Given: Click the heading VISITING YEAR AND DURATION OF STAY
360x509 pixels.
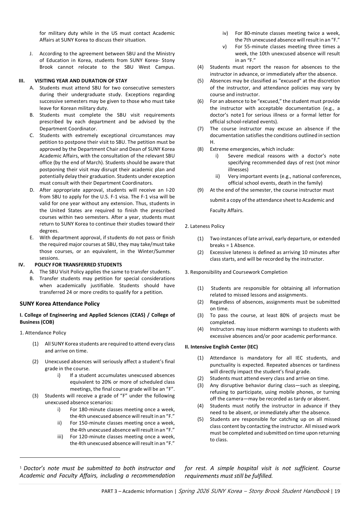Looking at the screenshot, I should (x=81, y=81).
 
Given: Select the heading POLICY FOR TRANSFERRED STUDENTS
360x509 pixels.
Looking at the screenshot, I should (x=78, y=265).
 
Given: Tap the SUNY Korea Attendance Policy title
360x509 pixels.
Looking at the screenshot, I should (x=60, y=304).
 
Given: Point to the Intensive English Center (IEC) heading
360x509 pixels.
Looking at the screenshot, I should (x=221, y=347).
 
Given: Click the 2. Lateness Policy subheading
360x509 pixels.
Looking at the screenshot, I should (x=205, y=226).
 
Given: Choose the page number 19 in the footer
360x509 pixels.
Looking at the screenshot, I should (x=337, y=491).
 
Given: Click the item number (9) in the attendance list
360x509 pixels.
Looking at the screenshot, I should (x=200, y=190).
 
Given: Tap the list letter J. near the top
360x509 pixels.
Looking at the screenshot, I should (x=31, y=54).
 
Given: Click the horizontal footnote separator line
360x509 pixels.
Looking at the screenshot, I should (x=70, y=457).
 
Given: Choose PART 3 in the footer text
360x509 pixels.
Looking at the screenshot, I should (x=109, y=491).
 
